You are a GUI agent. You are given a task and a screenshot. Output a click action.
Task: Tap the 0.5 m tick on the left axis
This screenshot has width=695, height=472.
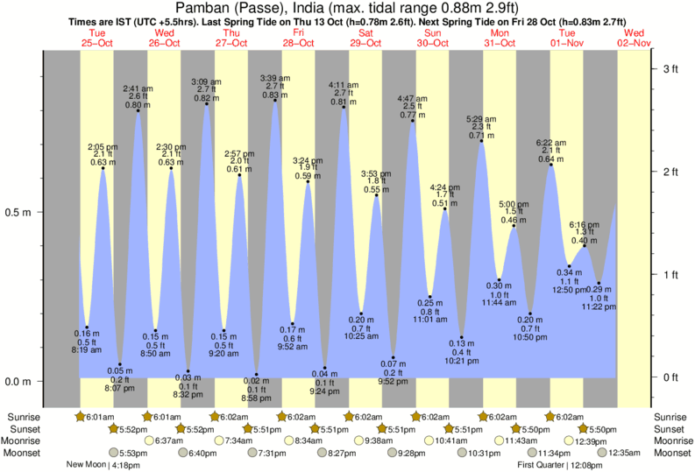tap(19, 212)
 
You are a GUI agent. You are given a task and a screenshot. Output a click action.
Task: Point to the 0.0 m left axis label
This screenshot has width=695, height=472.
tap(19, 381)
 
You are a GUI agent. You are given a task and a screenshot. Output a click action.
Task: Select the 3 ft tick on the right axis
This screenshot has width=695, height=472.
tap(670, 68)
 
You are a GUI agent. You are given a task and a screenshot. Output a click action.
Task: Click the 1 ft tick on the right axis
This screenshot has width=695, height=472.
tap(670, 274)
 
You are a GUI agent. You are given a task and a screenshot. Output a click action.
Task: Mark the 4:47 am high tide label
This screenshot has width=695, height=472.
tap(412, 98)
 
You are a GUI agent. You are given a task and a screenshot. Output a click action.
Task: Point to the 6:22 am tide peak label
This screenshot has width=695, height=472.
tap(551, 142)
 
